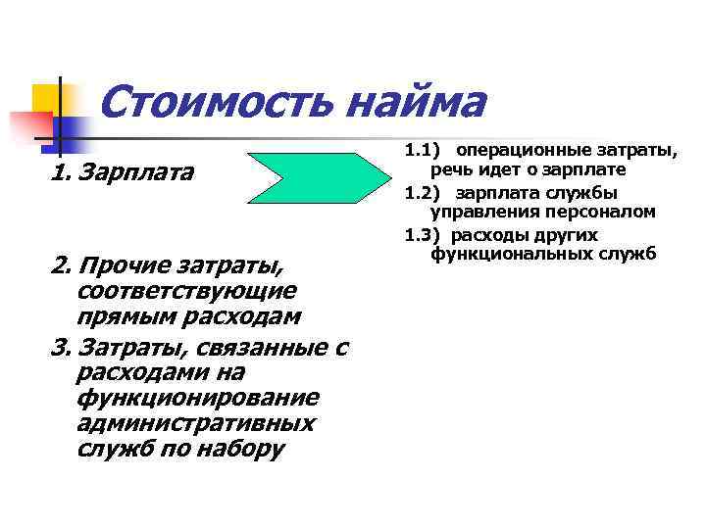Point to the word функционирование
196,399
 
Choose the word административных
195,424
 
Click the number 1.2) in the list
420,193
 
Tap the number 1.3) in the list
420,235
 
